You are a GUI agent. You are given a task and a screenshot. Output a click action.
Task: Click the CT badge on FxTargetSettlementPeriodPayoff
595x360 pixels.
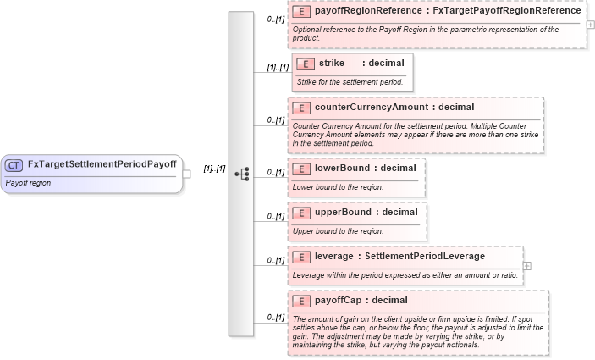tap(14, 165)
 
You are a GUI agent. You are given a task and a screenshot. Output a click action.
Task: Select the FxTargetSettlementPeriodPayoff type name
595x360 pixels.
tap(102, 165)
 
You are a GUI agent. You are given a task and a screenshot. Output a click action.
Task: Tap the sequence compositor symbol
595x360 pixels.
tap(241, 173)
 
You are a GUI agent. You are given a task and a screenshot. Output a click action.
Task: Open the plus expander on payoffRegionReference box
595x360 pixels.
tap(590, 25)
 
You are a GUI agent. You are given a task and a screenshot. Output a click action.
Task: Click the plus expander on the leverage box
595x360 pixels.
tap(527, 265)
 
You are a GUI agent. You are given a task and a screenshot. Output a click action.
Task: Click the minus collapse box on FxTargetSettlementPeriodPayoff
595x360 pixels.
tap(186, 173)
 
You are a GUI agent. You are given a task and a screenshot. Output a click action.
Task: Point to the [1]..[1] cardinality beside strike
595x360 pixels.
tap(278, 68)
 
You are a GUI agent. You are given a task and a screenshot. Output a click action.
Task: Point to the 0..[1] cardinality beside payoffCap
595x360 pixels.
tap(275, 318)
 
